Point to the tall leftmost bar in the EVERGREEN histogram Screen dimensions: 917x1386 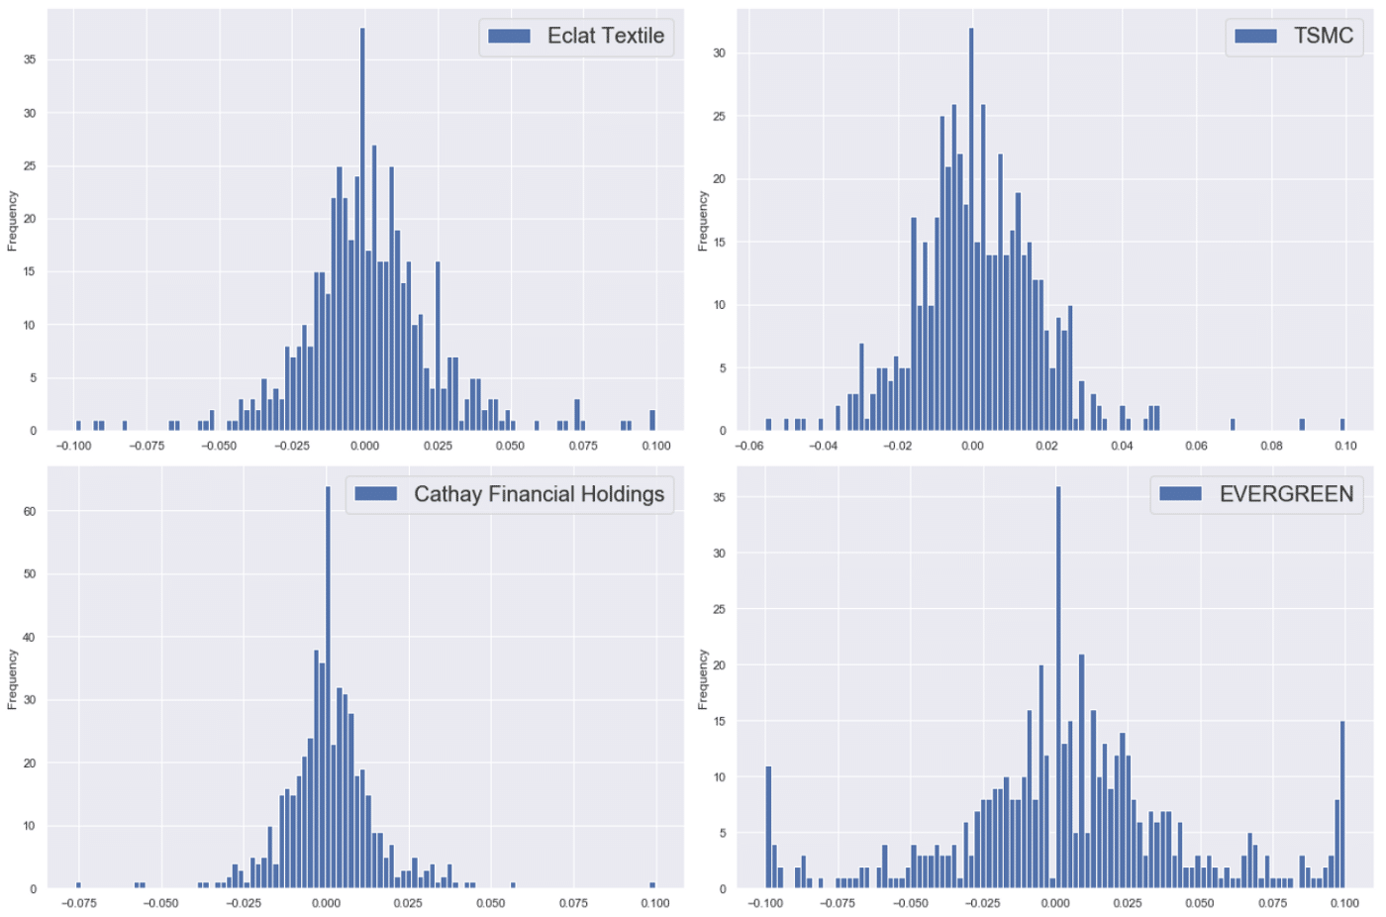point(768,827)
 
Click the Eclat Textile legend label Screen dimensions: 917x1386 point(605,36)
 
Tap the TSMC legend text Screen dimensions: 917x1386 point(1323,36)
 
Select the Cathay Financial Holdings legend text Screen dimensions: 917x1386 point(539,494)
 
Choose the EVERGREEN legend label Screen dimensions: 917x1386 point(1286,494)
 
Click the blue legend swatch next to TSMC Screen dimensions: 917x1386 point(1255,36)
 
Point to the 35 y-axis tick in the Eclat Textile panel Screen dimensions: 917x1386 point(30,60)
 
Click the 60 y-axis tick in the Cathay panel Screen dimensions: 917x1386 point(30,512)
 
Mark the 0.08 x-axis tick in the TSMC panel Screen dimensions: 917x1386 point(1271,446)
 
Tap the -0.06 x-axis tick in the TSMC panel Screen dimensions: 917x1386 point(748,446)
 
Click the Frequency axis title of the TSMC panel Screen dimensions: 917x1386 point(703,221)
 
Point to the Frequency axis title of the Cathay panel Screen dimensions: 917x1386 point(13,679)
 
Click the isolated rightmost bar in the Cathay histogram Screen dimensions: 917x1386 point(652,884)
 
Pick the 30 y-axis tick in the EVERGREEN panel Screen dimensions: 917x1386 point(720,554)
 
